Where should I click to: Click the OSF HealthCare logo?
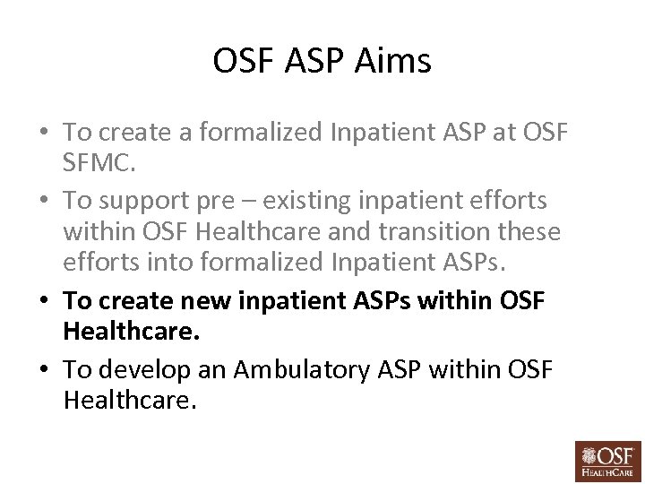coord(608,457)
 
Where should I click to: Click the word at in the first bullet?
coord(496,133)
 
